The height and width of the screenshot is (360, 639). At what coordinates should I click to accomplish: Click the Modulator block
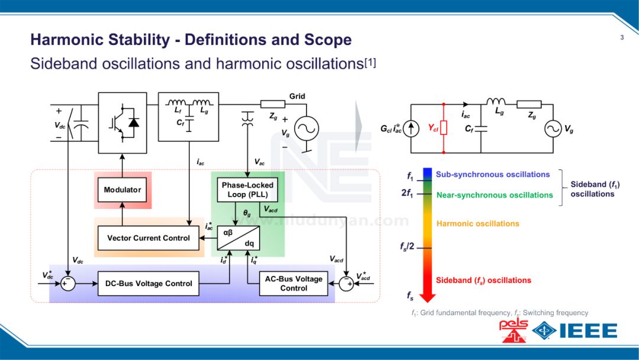pyautogui.click(x=122, y=190)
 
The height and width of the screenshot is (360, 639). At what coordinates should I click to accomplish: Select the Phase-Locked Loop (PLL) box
pyautogui.click(x=247, y=189)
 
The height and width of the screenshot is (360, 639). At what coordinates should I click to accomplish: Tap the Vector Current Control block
pyautogui.click(x=149, y=238)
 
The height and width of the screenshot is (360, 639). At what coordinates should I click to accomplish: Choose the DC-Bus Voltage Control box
pyautogui.click(x=149, y=284)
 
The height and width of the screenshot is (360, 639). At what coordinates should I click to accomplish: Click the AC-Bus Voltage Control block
pyautogui.click(x=293, y=284)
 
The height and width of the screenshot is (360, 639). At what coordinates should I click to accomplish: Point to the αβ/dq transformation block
pyautogui.click(x=240, y=238)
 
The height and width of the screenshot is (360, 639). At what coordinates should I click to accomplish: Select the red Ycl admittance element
pyautogui.click(x=444, y=128)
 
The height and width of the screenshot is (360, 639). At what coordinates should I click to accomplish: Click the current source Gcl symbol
pyautogui.click(x=413, y=128)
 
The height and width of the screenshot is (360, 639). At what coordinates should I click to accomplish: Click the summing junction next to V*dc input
pyautogui.click(x=68, y=284)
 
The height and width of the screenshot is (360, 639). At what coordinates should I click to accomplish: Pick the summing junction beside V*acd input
pyautogui.click(x=346, y=284)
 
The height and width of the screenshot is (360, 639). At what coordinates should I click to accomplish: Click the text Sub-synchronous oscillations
pyautogui.click(x=493, y=175)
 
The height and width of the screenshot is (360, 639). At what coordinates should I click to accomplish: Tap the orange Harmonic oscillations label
pyautogui.click(x=477, y=224)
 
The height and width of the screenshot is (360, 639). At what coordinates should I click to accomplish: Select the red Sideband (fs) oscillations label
pyautogui.click(x=483, y=280)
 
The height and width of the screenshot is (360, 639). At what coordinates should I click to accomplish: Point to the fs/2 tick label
pyautogui.click(x=408, y=246)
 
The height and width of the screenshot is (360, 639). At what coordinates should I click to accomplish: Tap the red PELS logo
pyautogui.click(x=513, y=331)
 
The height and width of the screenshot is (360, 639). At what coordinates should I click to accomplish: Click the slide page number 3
pyautogui.click(x=622, y=38)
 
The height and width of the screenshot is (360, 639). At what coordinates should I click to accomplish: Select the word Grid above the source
pyautogui.click(x=297, y=97)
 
